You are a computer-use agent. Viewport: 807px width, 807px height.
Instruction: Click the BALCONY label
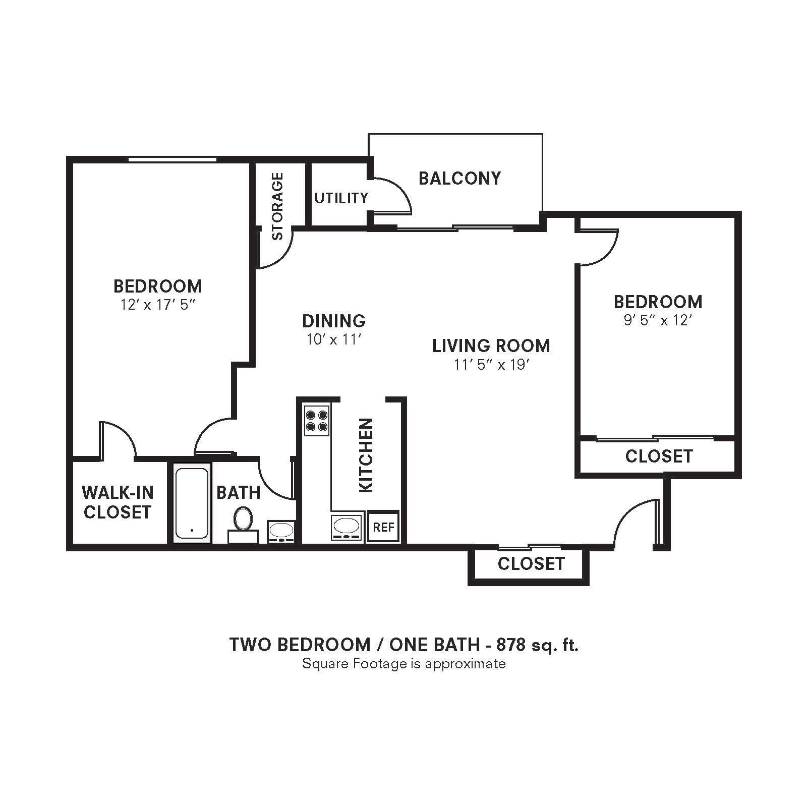click(459, 178)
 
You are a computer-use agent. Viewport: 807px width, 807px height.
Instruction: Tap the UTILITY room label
click(341, 198)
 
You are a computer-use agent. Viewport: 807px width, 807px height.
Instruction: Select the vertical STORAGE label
click(277, 206)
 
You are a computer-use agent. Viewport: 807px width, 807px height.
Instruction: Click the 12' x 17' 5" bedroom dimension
click(157, 305)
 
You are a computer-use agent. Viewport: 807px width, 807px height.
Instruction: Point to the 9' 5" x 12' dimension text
click(657, 320)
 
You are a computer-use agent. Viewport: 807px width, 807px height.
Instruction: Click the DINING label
click(334, 321)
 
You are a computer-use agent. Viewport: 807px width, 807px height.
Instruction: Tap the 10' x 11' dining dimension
click(334, 339)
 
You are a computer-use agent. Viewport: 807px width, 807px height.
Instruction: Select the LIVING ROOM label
click(491, 345)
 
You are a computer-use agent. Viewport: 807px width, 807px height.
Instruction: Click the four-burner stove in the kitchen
click(317, 421)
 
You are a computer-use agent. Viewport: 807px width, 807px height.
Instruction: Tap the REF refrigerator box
click(383, 527)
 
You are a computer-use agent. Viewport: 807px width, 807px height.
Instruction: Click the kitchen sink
click(347, 528)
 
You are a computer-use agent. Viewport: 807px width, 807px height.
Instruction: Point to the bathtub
click(192, 503)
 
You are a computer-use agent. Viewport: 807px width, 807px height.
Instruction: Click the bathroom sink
click(281, 531)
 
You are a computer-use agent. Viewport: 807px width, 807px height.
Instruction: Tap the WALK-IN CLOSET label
click(118, 502)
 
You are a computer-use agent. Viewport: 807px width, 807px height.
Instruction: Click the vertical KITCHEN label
click(365, 455)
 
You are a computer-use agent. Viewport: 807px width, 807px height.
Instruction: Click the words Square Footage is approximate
click(403, 663)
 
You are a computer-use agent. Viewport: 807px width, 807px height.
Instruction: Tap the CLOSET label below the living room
click(531, 563)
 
